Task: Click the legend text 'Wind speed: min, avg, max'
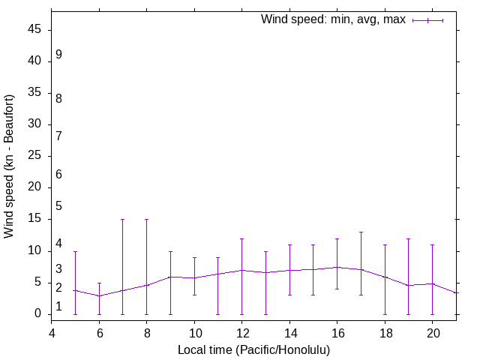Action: [x=333, y=19]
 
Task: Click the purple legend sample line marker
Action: [x=428, y=20]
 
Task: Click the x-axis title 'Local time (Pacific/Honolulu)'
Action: [x=253, y=349]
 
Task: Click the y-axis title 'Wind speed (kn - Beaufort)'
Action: [x=10, y=166]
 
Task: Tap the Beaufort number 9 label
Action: [x=58, y=55]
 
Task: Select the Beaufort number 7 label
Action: [x=58, y=136]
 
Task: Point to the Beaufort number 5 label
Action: [x=58, y=206]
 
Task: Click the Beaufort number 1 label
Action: [x=58, y=306]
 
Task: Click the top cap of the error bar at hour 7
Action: [x=123, y=220]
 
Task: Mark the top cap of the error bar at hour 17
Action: [x=361, y=232]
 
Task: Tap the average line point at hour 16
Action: [x=337, y=267]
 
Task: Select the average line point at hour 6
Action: [x=99, y=295]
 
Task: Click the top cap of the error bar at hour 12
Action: [x=241, y=238]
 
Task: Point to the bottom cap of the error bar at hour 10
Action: [x=194, y=295]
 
